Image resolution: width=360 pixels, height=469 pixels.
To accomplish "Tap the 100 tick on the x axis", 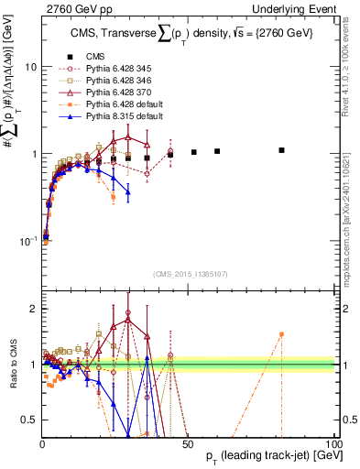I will click(x=333, y=443).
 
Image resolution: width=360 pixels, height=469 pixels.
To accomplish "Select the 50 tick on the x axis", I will click(x=188, y=443).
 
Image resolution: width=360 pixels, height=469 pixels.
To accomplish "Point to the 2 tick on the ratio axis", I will click(x=32, y=309).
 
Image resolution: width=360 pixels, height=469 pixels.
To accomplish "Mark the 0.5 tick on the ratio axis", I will click(x=28, y=420).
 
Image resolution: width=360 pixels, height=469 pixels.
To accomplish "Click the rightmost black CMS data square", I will click(x=282, y=150).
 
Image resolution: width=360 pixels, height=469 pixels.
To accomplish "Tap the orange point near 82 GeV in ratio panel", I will click(x=282, y=334).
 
